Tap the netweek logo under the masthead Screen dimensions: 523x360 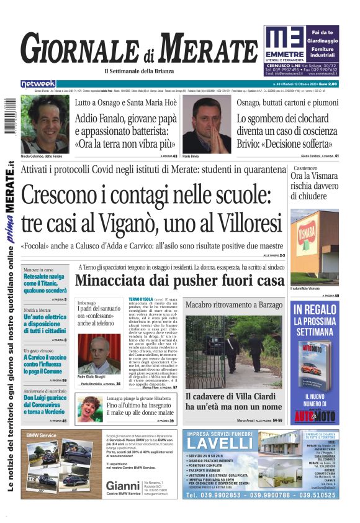click(x=38, y=84)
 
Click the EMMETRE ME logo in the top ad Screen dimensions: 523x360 click(x=284, y=39)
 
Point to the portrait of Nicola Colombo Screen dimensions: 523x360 click(x=44, y=124)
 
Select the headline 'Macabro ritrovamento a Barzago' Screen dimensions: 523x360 click(x=232, y=305)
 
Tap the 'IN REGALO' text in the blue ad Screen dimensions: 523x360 click(x=315, y=309)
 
